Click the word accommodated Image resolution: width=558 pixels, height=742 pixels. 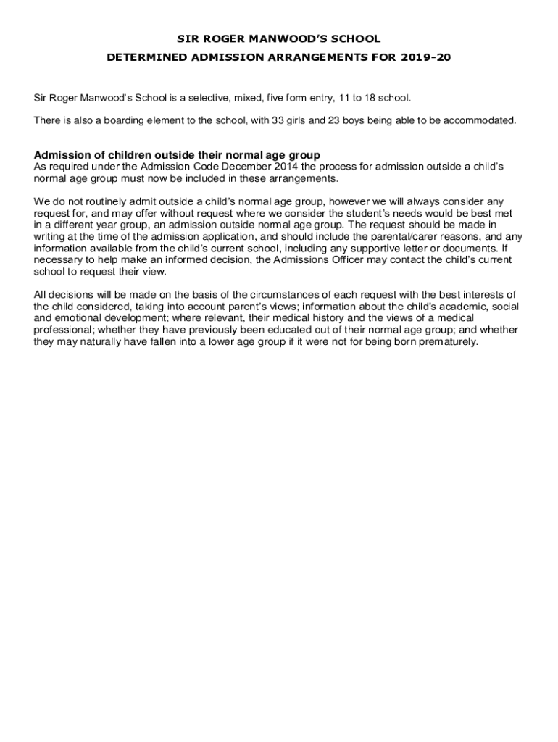click(480, 120)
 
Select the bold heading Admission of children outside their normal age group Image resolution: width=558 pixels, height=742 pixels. click(178, 155)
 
